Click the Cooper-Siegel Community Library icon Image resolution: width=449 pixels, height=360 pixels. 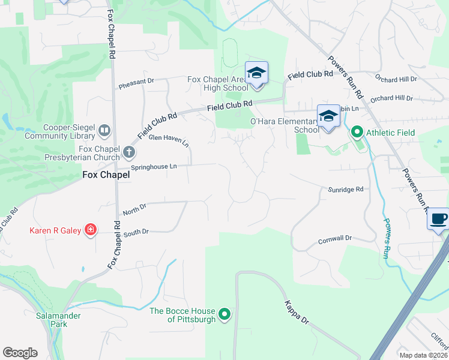pyautogui.click(x=104, y=130)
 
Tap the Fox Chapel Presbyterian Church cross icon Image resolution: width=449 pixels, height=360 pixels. pyautogui.click(x=128, y=152)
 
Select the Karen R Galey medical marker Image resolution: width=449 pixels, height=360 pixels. pyautogui.click(x=91, y=230)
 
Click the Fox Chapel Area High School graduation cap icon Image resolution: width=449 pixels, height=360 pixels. pyautogui.click(x=256, y=74)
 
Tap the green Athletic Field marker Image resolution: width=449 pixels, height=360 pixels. pyautogui.click(x=357, y=131)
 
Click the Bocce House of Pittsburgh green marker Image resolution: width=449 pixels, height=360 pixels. pyautogui.click(x=224, y=314)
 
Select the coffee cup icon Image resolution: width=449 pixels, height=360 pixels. pyautogui.click(x=439, y=218)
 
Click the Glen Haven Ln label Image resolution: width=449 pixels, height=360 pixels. pyautogui.click(x=169, y=140)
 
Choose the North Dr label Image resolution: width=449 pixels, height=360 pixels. pyautogui.click(x=134, y=209)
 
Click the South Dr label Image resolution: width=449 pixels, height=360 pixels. pyautogui.click(x=136, y=231)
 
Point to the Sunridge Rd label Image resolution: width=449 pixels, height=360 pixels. pyautogui.click(x=346, y=189)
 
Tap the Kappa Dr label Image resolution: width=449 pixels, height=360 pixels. pyautogui.click(x=296, y=312)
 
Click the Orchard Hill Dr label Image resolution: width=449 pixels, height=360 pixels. pyautogui.click(x=392, y=98)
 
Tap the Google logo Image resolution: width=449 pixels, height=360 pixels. pyautogui.click(x=20, y=352)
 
